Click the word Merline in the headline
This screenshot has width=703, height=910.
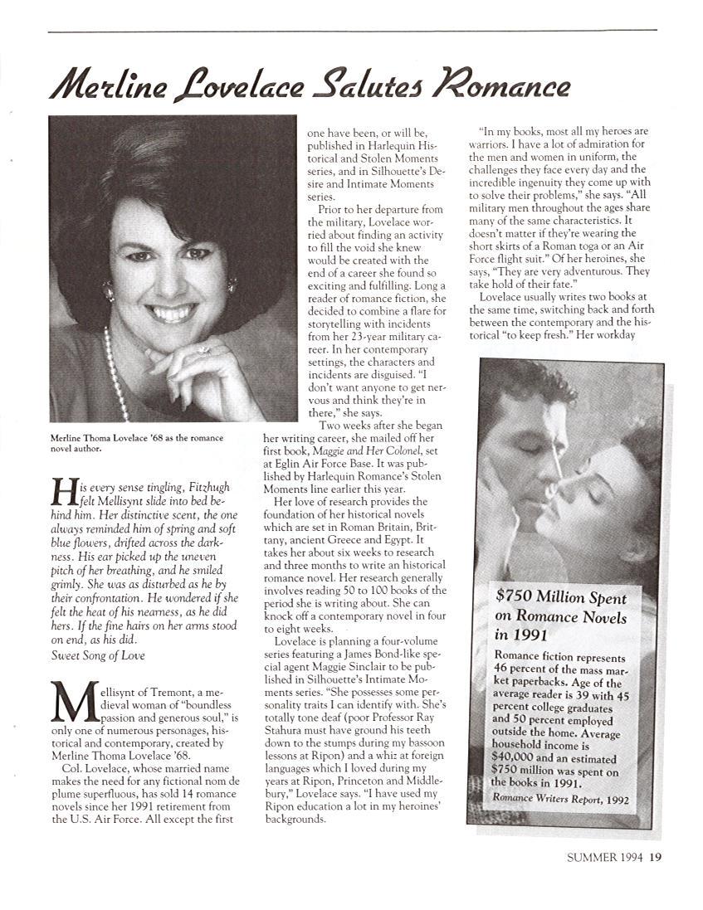coord(109,85)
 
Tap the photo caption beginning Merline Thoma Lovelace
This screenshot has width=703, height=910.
coord(125,444)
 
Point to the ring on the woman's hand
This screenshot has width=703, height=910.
coord(203,349)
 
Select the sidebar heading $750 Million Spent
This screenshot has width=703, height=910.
coord(560,597)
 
